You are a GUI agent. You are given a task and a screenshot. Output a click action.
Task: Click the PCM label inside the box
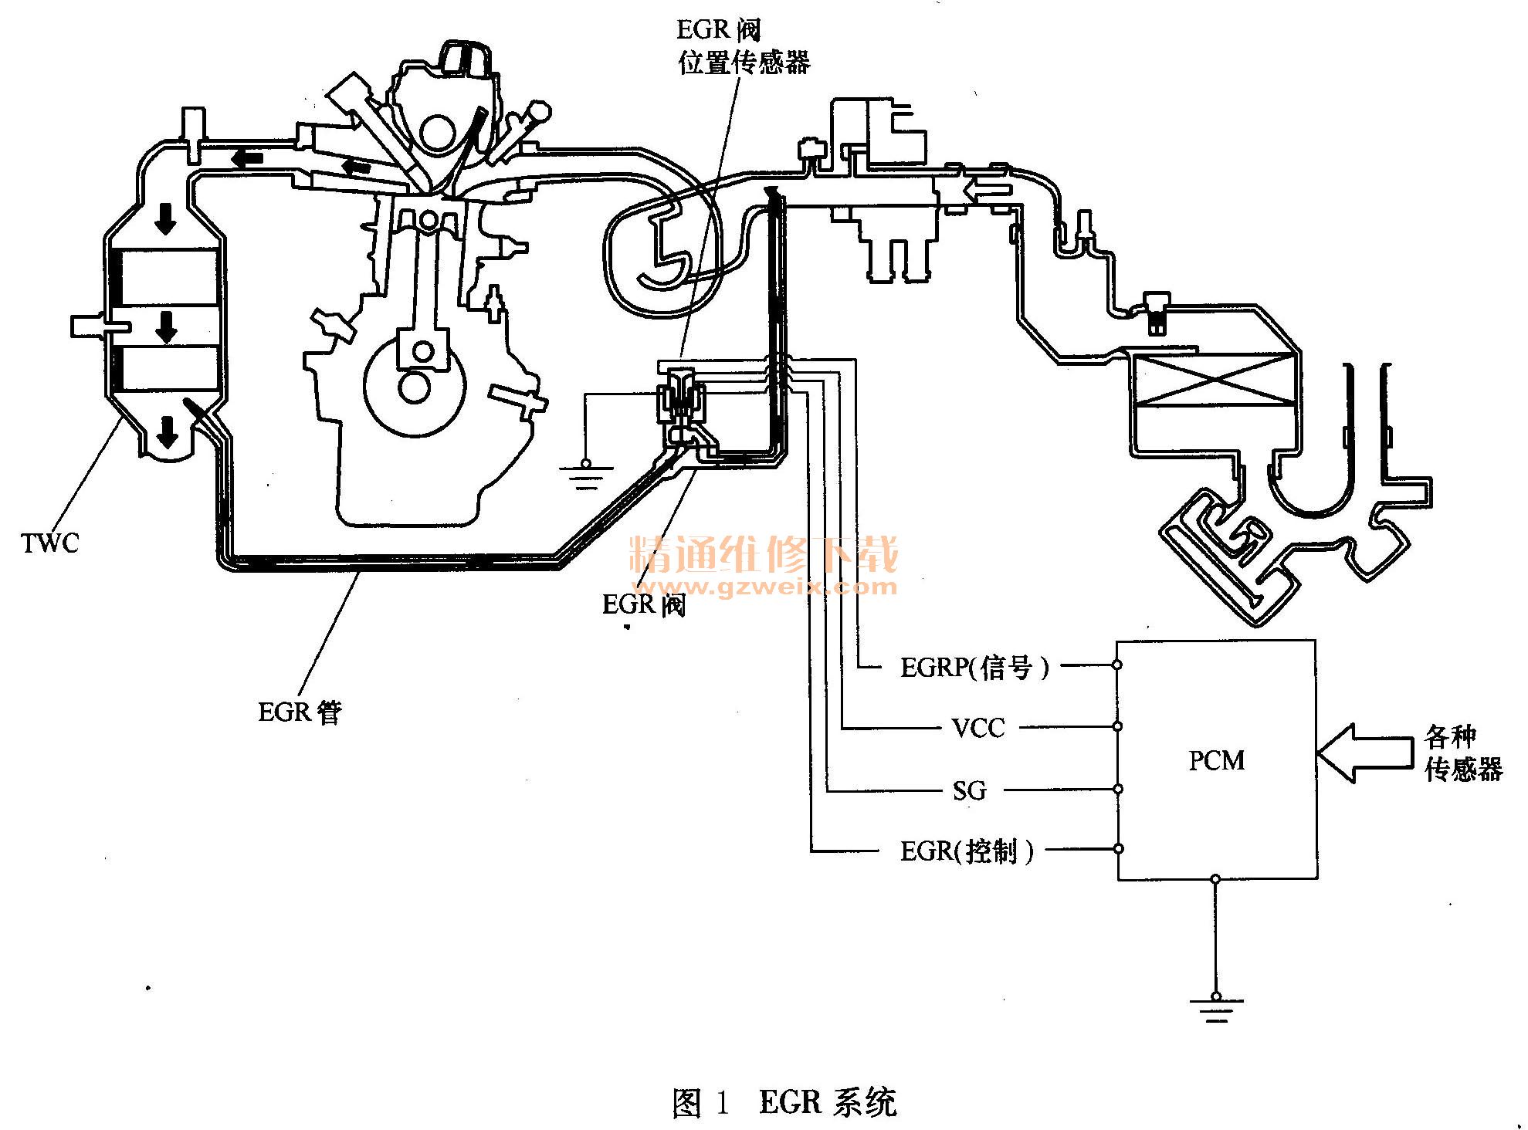point(1217,760)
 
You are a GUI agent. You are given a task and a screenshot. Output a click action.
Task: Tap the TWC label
point(50,543)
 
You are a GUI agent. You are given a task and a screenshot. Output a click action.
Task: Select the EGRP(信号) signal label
point(975,667)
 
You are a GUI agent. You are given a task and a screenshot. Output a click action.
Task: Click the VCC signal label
point(978,728)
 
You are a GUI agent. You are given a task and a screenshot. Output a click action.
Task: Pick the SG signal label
point(970,790)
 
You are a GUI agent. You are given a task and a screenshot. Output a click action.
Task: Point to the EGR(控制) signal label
point(967,851)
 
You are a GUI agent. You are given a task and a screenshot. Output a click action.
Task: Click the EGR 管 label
point(300,712)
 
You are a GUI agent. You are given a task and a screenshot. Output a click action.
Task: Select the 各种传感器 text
point(1462,753)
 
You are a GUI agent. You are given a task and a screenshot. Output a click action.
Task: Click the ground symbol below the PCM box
point(1216,1008)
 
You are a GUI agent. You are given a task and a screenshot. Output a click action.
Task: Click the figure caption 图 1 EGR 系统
point(784,1102)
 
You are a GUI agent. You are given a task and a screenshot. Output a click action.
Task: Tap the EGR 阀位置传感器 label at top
point(744,46)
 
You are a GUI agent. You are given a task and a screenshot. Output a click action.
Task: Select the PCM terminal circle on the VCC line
point(1117,727)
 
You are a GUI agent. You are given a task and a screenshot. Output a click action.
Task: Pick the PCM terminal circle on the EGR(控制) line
point(1118,849)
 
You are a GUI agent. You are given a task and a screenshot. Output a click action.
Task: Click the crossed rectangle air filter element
point(1210,380)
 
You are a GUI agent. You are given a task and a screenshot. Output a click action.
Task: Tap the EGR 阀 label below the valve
point(643,604)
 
